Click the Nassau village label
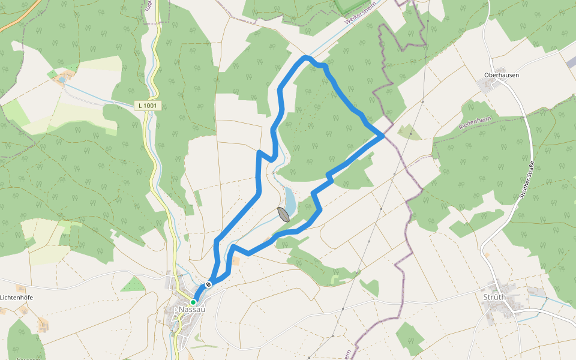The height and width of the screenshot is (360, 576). (192, 309)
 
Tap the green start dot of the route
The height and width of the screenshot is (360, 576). (193, 302)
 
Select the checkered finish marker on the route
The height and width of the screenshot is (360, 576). (208, 284)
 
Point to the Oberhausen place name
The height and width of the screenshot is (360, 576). (501, 75)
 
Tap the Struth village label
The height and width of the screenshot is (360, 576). (494, 297)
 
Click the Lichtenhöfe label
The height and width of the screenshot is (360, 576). (16, 298)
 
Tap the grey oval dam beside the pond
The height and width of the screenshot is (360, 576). (283, 214)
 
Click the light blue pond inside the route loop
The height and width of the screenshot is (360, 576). (290, 200)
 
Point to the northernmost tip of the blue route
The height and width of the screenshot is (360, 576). (306, 57)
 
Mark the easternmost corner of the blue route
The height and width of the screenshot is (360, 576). (383, 136)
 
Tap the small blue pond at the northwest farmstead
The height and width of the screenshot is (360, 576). (61, 79)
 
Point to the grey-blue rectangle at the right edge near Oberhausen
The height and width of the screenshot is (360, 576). (571, 62)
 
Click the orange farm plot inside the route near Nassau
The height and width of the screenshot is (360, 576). (236, 260)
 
